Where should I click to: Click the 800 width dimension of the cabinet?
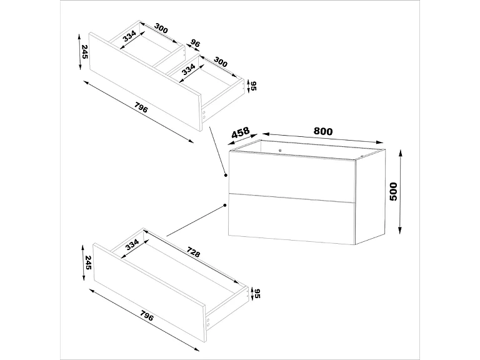(x=322, y=131)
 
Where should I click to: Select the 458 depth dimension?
(x=241, y=134)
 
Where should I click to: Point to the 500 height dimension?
(x=393, y=191)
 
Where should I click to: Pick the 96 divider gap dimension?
(x=194, y=44)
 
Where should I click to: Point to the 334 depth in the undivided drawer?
(x=132, y=244)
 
